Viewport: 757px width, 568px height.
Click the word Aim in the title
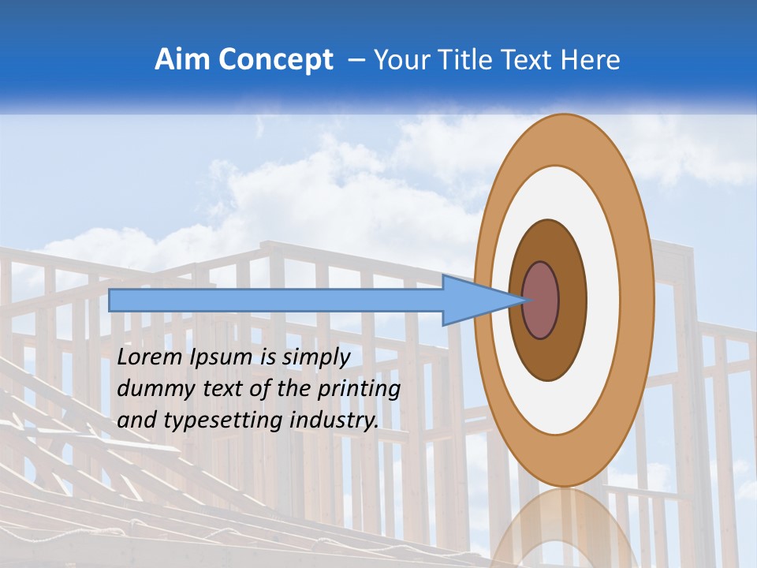(183, 60)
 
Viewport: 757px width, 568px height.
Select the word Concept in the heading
(276, 60)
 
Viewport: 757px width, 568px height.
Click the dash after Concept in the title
(356, 61)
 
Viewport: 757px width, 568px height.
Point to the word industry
(334, 421)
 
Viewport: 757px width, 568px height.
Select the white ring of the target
(602, 301)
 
